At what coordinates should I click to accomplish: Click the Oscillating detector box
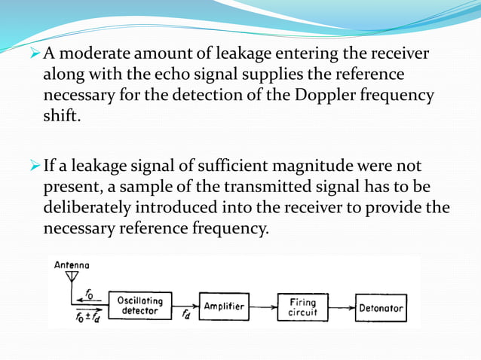(140, 306)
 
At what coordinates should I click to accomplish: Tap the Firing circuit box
(302, 307)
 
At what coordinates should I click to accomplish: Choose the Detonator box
(381, 307)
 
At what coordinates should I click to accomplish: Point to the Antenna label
(71, 265)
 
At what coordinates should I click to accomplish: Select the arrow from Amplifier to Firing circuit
(262, 307)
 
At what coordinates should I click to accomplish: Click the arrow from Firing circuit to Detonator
(342, 307)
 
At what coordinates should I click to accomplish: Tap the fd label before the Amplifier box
(185, 315)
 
